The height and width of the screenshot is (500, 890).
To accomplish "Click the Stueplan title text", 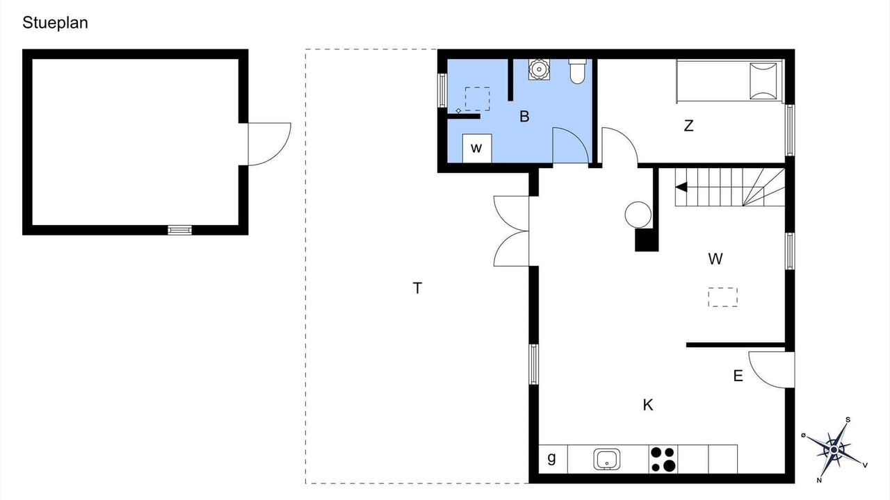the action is [55, 23].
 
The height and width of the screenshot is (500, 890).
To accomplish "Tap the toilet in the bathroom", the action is [577, 72].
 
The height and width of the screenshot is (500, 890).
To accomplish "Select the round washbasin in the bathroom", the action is [539, 69].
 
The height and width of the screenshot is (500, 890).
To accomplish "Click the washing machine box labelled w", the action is [477, 149].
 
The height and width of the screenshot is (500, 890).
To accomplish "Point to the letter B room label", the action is [524, 117].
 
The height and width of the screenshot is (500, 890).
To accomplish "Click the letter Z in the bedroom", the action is [688, 126].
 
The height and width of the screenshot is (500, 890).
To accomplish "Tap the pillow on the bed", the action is [763, 81].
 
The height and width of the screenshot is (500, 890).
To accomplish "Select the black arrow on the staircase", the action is [681, 187].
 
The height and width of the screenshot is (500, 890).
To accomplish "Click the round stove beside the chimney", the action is [638, 215].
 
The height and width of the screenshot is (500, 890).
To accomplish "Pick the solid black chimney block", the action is [647, 240].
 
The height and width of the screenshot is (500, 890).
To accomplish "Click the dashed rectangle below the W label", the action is [722, 297].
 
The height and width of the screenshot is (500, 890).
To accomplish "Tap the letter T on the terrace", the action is [417, 288].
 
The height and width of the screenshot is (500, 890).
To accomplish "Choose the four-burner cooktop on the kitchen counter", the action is [663, 459].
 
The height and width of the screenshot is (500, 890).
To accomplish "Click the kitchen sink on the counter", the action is [607, 459].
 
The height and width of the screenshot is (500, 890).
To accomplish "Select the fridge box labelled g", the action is [553, 459].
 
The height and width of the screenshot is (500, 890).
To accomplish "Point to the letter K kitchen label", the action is [647, 405].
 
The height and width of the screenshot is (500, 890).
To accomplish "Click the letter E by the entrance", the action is [738, 376].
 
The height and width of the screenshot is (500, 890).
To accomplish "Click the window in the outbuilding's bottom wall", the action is [179, 230].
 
